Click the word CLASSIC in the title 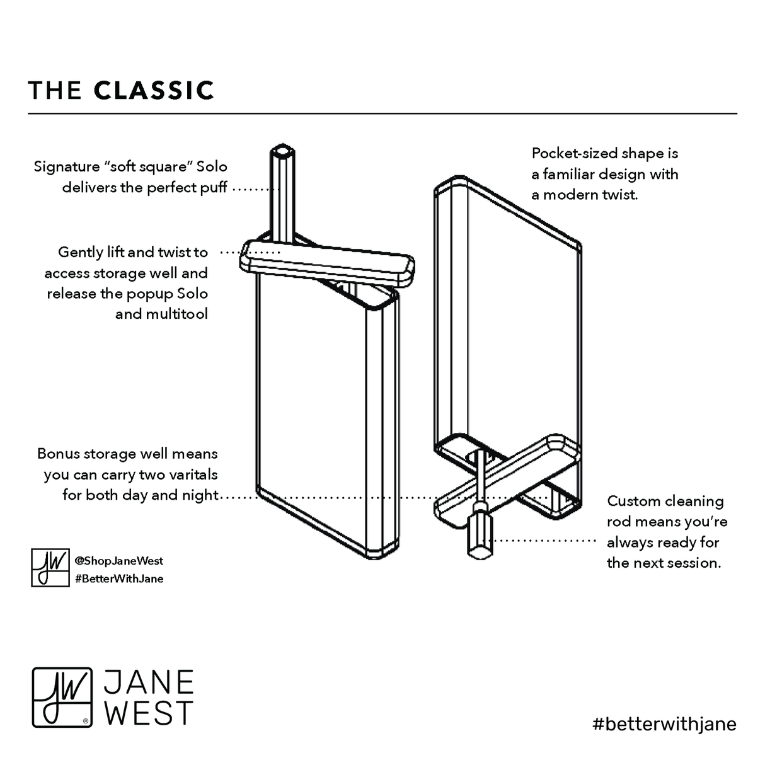154,90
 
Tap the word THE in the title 55,90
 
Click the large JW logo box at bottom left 62,697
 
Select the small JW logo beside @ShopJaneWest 50,567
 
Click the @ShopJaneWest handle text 118,560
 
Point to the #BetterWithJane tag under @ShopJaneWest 118,578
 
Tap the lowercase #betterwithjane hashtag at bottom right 664,723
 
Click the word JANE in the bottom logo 149,682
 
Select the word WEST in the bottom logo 149,713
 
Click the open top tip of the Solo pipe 282,151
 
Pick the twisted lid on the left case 326,260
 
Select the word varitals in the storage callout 192,475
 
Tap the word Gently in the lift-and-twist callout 80,252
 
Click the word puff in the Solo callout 214,188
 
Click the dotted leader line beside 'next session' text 544,541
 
